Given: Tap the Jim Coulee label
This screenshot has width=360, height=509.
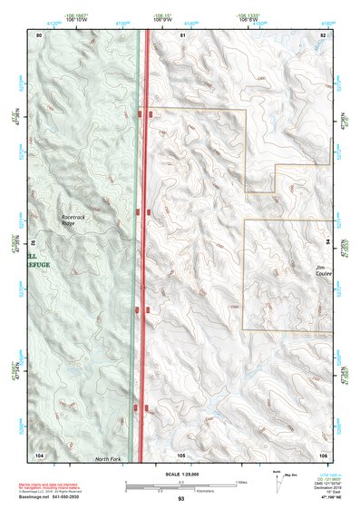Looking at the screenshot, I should pos(324,269).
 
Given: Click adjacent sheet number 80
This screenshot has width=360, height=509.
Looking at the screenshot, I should pos(39,34).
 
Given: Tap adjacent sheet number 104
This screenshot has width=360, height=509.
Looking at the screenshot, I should pos(39,454).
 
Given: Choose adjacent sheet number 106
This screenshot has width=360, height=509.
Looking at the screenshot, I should pos(324,454).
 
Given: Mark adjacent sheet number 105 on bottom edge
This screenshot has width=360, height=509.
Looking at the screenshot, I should pos(181,454).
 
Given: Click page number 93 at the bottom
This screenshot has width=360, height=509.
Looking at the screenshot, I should pos(181,499).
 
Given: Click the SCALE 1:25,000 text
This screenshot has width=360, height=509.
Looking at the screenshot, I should pos(180,475).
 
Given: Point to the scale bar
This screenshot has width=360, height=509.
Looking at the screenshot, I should pos(180,484).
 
